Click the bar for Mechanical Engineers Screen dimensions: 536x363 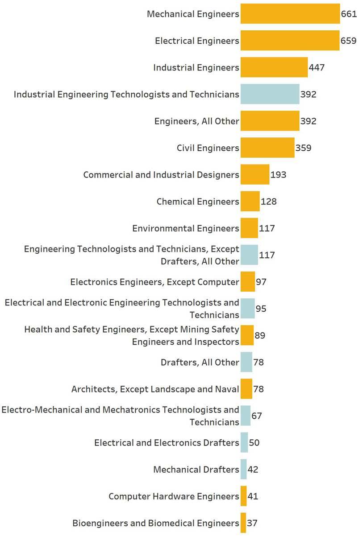click(x=290, y=14)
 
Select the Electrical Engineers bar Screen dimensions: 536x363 click(x=290, y=41)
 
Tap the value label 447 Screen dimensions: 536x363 click(x=317, y=68)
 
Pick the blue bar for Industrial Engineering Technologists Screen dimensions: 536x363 click(x=270, y=94)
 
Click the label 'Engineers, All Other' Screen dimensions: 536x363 click(x=196, y=121)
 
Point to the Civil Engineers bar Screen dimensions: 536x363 click(x=267, y=148)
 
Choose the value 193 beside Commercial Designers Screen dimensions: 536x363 click(x=278, y=175)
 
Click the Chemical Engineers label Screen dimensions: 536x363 click(x=198, y=202)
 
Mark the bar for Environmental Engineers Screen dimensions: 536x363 click(x=249, y=228)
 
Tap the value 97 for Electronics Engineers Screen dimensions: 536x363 click(x=261, y=282)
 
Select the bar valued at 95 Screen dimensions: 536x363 click(x=247, y=309)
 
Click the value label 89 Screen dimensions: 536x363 click(x=260, y=335)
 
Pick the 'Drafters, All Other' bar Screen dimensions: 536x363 click(x=246, y=362)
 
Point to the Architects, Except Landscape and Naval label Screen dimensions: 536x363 click(x=155, y=389)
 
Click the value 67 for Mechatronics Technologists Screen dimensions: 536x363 click(x=256, y=416)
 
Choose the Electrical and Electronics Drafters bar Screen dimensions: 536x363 click(x=244, y=442)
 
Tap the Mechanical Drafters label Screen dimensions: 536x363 click(x=196, y=470)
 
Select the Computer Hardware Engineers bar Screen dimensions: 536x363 click(x=243, y=496)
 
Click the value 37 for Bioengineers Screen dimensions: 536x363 click(x=252, y=523)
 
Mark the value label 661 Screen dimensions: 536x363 click(x=349, y=14)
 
